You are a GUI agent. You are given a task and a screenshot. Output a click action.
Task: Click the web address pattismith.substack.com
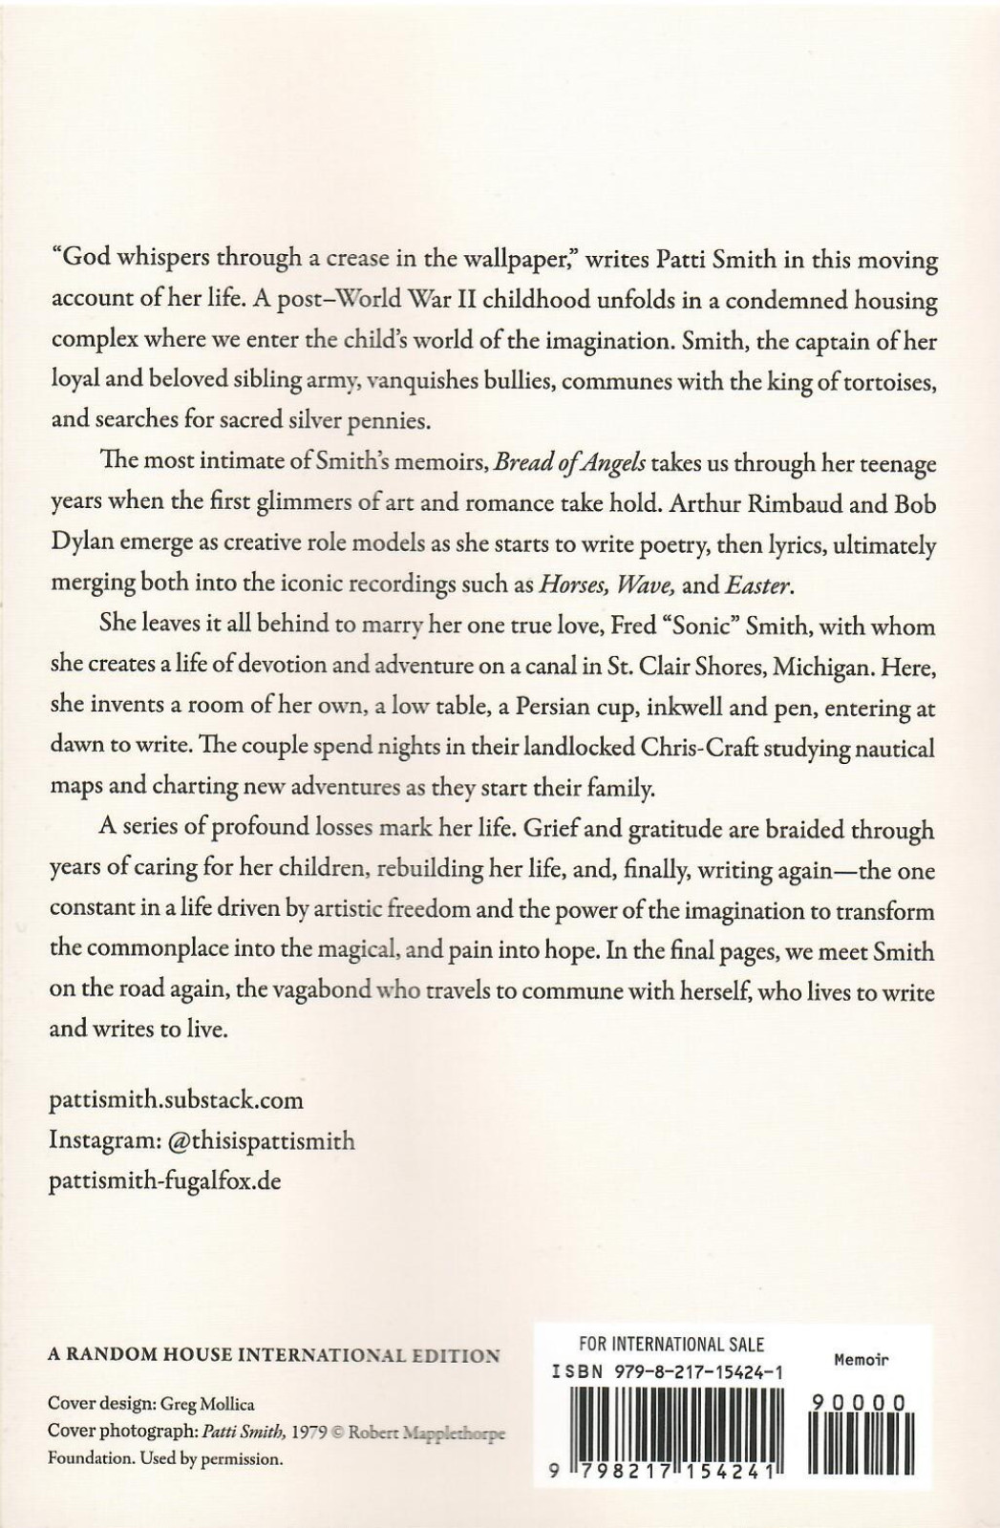176,1099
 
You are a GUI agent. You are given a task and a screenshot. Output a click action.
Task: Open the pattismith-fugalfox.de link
164,1180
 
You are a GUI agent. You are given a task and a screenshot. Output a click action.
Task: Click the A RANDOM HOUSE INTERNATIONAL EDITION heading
273,1354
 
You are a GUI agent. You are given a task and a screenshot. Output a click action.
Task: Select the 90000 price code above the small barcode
857,1401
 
